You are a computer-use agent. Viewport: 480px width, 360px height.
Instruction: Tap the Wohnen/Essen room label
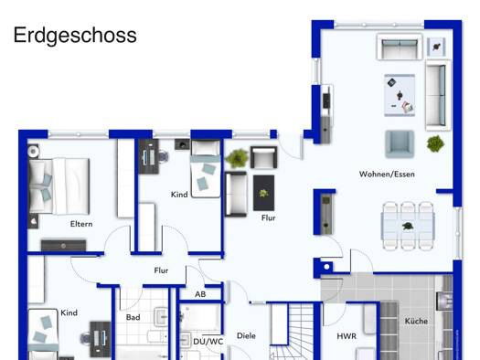[x=387, y=175]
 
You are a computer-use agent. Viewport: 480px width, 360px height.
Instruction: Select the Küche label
[x=416, y=321]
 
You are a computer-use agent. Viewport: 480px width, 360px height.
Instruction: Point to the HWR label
[x=347, y=336]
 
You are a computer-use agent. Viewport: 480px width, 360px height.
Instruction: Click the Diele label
[x=246, y=336]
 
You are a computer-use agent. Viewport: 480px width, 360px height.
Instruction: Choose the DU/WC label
[x=208, y=342]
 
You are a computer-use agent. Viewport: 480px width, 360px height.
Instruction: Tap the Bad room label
[x=133, y=317]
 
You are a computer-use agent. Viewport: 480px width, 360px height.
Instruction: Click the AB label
[x=200, y=294]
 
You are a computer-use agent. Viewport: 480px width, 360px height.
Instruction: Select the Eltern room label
[x=81, y=224]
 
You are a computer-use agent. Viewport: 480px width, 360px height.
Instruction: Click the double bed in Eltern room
[x=59, y=186]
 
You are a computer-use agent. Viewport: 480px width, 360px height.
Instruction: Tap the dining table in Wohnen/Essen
[x=408, y=227]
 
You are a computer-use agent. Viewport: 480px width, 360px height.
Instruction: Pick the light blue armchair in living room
[x=400, y=143]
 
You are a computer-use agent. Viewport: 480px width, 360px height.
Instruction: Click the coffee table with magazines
[x=400, y=95]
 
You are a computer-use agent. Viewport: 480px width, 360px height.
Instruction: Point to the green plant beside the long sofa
[x=435, y=143]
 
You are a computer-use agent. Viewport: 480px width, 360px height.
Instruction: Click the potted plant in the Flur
[x=237, y=158]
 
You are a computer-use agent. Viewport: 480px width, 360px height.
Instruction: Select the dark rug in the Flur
[x=263, y=193]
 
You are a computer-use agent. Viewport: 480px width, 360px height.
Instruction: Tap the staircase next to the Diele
[x=292, y=331]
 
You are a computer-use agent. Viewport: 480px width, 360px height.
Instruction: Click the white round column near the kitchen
[x=326, y=267]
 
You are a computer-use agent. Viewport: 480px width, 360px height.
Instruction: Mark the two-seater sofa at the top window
[x=400, y=47]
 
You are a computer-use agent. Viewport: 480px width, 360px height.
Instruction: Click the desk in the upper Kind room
[x=149, y=156]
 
